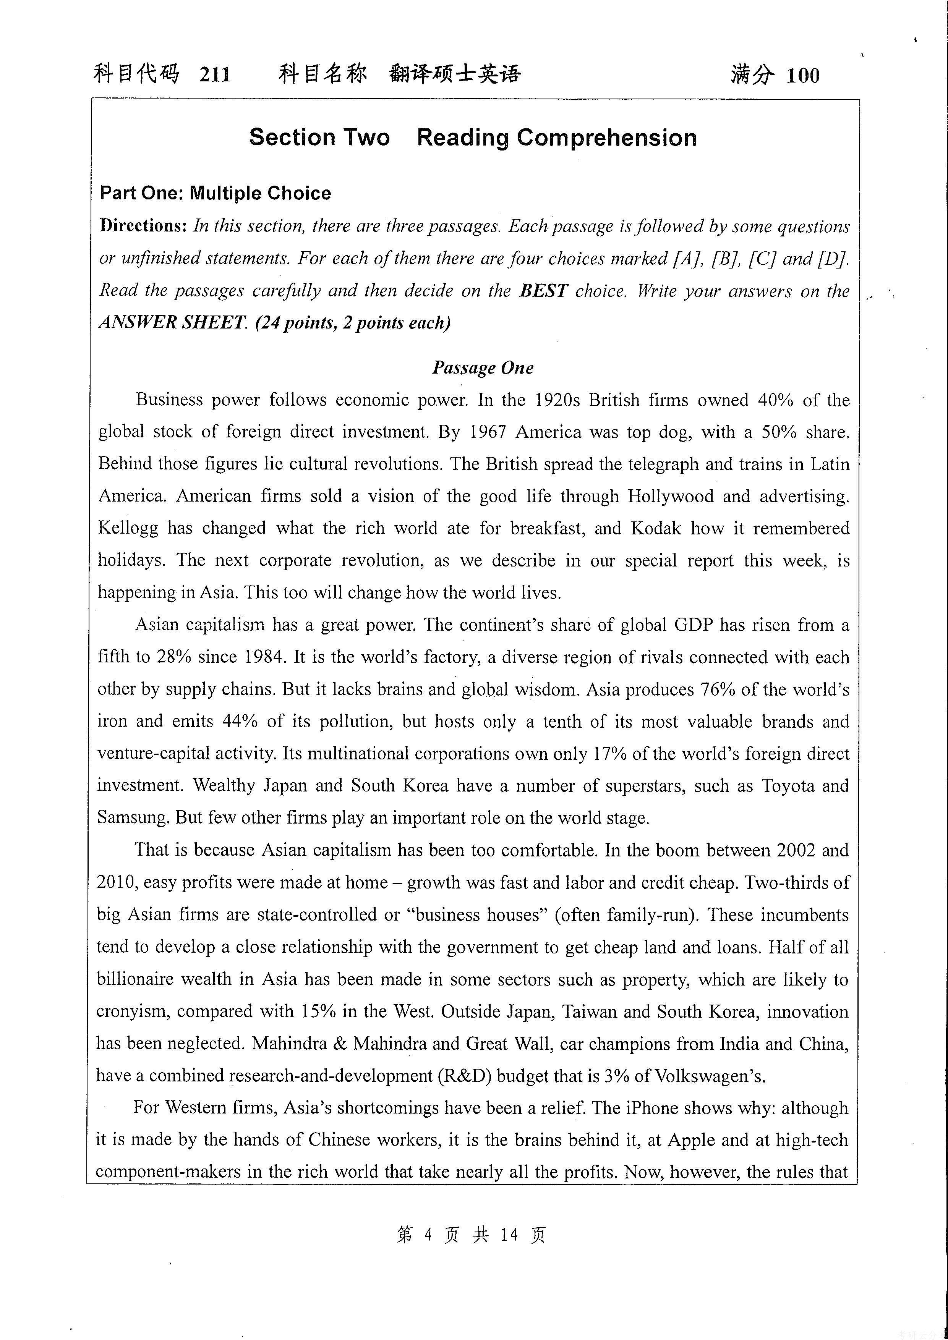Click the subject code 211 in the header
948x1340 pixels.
pyautogui.click(x=214, y=75)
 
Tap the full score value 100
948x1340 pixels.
pyautogui.click(x=803, y=75)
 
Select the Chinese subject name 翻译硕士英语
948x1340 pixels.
pyautogui.click(x=454, y=74)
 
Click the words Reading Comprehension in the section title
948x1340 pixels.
pyautogui.click(x=556, y=138)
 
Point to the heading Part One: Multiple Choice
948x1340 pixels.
pyautogui.click(x=216, y=193)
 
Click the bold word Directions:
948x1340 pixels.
pyautogui.click(x=143, y=226)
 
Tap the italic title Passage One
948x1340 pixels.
pyautogui.click(x=483, y=368)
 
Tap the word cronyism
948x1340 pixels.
pyautogui.click(x=133, y=1011)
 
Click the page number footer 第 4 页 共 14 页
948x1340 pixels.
pyautogui.click(x=471, y=1234)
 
